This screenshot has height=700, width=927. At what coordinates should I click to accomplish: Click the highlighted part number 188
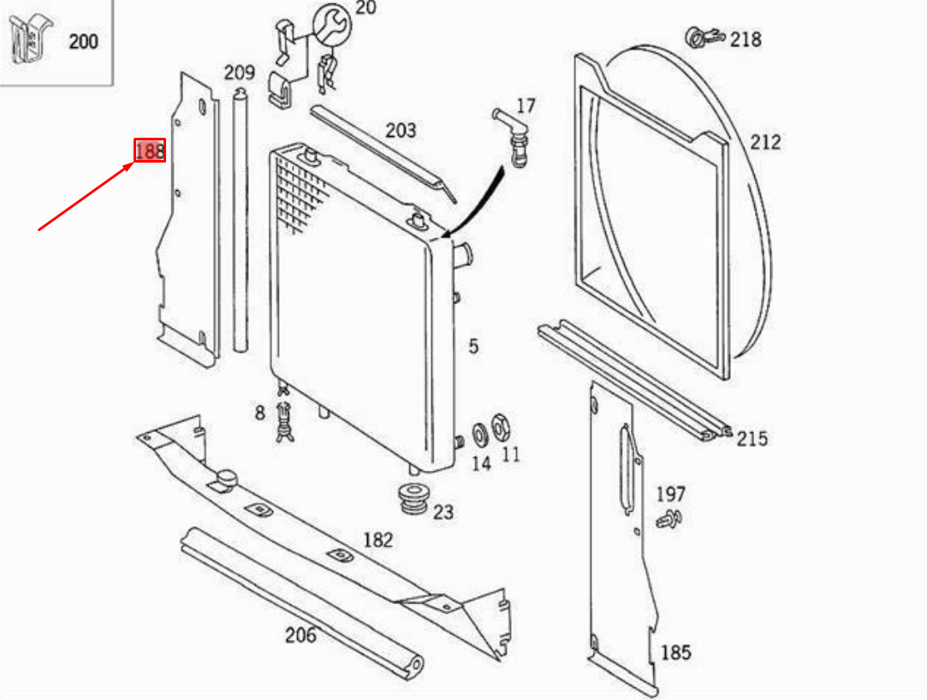click(x=149, y=151)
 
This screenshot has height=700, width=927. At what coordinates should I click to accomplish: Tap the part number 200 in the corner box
click(x=83, y=40)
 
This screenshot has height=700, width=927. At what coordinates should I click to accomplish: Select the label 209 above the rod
click(x=240, y=72)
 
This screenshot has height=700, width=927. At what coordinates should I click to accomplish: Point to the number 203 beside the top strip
click(x=401, y=130)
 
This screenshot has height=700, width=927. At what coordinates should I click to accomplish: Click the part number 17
click(x=526, y=106)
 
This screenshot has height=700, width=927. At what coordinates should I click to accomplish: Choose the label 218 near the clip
click(x=746, y=39)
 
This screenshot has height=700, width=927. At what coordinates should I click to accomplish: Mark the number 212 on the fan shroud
click(x=765, y=141)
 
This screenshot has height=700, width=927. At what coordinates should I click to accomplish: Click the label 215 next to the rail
click(x=752, y=439)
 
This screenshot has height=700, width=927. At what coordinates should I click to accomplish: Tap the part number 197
click(x=671, y=494)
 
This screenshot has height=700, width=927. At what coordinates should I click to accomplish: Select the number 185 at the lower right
click(x=675, y=652)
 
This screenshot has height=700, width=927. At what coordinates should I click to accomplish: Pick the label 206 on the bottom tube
click(x=300, y=635)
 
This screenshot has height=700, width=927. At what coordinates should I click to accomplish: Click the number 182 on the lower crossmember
click(x=377, y=540)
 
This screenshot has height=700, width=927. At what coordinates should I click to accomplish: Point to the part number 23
click(x=443, y=513)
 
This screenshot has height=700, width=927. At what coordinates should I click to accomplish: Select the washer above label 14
click(x=480, y=432)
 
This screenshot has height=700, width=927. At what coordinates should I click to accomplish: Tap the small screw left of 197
click(x=667, y=519)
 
